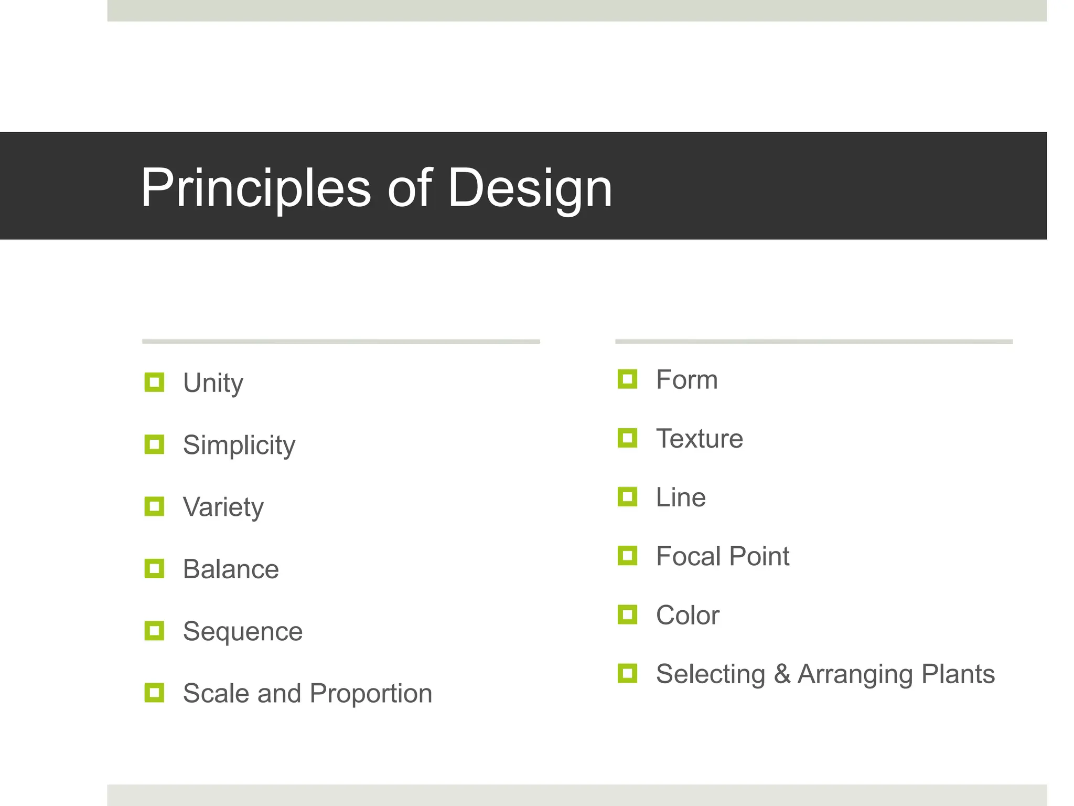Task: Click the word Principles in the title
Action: pos(256,188)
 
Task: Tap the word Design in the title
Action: pos(530,188)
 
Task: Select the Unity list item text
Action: pos(213,383)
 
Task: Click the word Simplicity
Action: pos(239,446)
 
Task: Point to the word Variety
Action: pos(223,507)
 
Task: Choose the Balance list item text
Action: pos(231,569)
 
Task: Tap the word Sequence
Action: pos(243,631)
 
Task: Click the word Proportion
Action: pos(371,693)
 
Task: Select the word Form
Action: pos(686,379)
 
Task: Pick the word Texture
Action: pos(700,439)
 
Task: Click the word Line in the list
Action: pos(681,497)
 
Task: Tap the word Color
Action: pos(688,615)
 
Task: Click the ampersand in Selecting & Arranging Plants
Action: pos(782,674)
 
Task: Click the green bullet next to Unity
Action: pos(154,382)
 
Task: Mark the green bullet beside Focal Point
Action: pos(627,555)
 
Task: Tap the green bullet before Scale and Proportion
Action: pos(154,693)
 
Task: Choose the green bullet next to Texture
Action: pos(627,438)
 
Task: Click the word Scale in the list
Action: pos(216,693)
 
